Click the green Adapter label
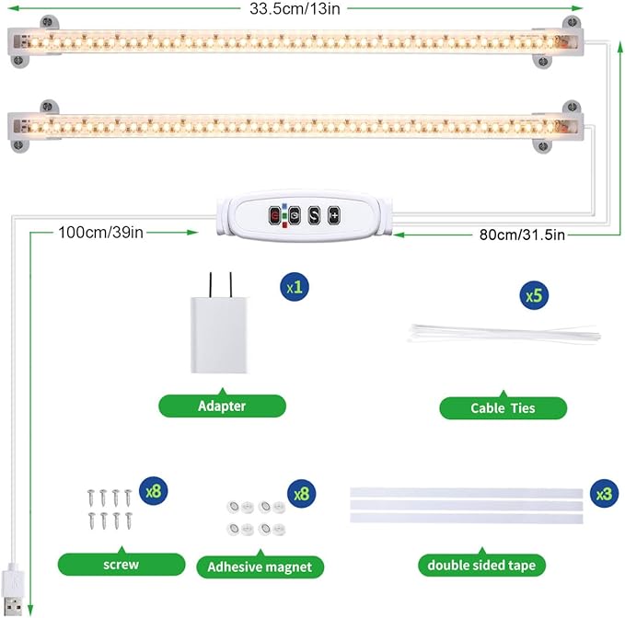pyautogui.click(x=222, y=406)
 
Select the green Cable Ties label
pyautogui.click(x=503, y=407)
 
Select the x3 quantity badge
pyautogui.click(x=603, y=494)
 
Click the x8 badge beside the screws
pyautogui.click(x=152, y=492)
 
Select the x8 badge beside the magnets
pyautogui.click(x=300, y=494)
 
